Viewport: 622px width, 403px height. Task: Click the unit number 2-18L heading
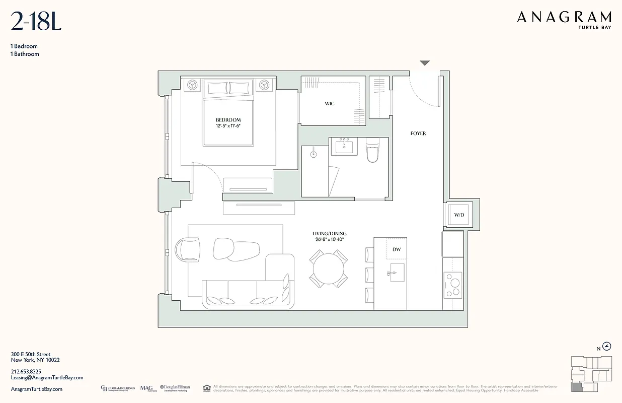pos(36,22)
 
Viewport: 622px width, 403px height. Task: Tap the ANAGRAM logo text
pos(564,18)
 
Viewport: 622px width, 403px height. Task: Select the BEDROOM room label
pos(228,120)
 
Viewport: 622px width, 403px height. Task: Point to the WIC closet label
pos(329,104)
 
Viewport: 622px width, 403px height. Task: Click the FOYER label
pos(418,133)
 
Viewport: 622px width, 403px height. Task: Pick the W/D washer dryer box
pos(459,215)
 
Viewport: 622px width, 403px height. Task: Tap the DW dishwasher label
pos(396,249)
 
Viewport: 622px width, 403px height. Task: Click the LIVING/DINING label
pos(330,234)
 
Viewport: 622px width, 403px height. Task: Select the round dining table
pos(329,270)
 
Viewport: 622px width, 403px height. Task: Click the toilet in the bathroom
pos(372,151)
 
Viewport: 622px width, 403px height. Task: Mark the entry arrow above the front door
pos(425,63)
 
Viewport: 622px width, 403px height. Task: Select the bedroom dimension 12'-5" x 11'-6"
pos(228,126)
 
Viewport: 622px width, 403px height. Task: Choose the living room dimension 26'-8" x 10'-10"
pos(330,240)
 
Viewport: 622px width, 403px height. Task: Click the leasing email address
pos(47,377)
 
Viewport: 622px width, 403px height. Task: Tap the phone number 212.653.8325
pos(26,371)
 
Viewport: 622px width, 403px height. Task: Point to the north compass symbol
pos(607,346)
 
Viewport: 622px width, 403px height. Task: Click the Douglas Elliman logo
pos(175,388)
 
